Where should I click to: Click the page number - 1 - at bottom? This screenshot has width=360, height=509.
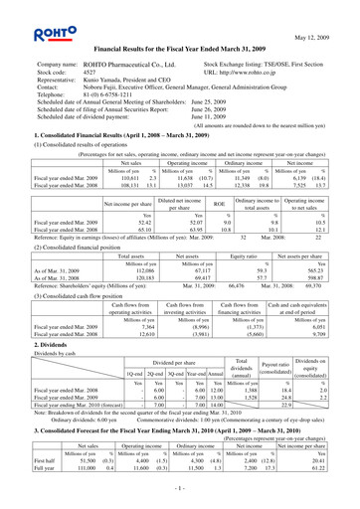[x=180, y=490]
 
